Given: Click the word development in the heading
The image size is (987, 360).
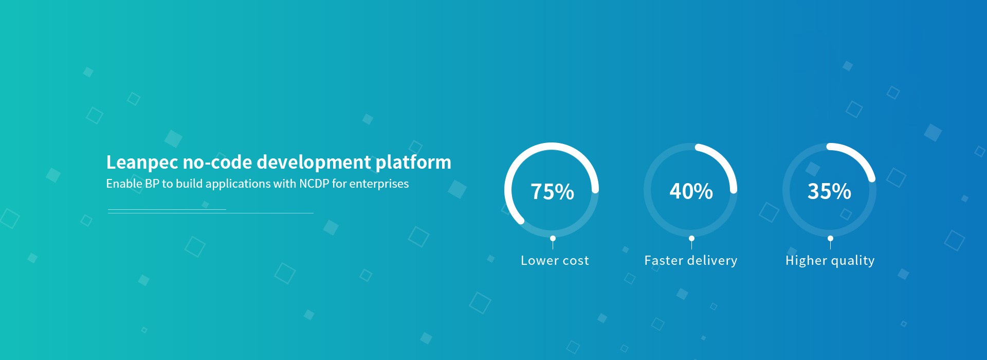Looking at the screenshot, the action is (x=314, y=163).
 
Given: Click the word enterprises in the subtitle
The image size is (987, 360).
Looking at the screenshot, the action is (x=379, y=184).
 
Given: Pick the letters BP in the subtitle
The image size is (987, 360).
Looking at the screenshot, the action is (x=152, y=184).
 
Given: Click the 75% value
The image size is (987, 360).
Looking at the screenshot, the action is (x=552, y=192).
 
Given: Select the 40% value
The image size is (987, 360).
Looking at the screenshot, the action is (x=691, y=191).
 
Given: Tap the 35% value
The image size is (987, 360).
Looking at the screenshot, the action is (x=829, y=191).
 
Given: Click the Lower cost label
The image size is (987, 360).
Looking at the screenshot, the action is (x=555, y=261).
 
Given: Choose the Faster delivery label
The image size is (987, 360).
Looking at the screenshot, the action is (x=691, y=261).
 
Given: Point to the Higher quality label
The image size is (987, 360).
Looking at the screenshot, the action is (x=830, y=261).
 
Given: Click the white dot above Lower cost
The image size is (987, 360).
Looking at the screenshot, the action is (x=553, y=239).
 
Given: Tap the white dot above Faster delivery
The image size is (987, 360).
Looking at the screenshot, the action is (x=691, y=239).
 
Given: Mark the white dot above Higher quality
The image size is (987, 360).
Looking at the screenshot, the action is (x=830, y=239).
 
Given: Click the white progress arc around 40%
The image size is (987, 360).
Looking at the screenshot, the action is (x=724, y=161).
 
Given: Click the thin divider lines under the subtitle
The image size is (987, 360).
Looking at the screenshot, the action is (x=211, y=211).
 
